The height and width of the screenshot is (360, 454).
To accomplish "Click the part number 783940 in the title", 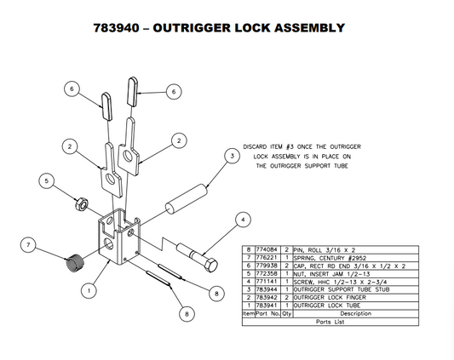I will click(120, 28).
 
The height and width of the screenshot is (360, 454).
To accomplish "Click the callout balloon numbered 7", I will click(28, 246).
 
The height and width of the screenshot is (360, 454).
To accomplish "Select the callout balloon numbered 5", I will click(48, 180).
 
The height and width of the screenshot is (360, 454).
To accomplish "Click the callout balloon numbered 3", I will click(230, 156).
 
